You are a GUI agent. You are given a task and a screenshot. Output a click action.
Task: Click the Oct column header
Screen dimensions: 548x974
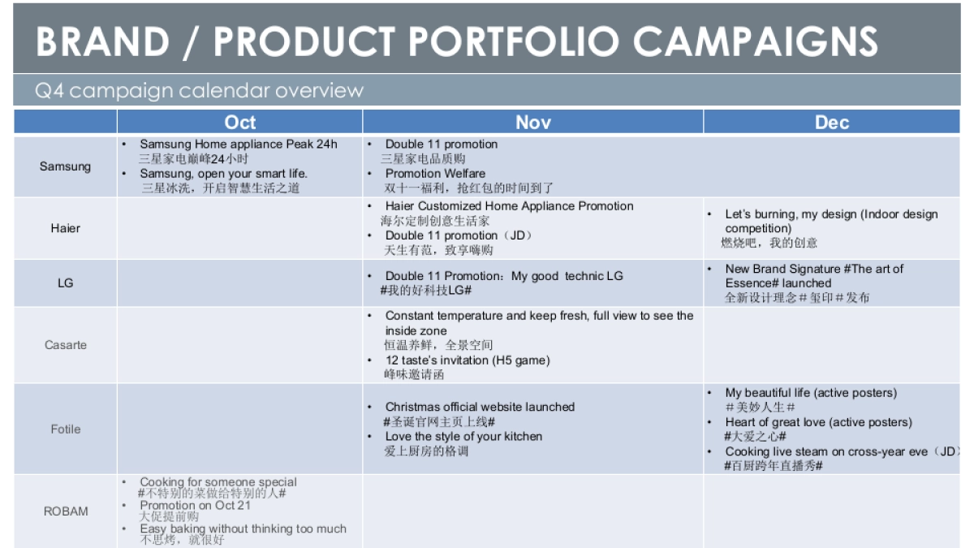click(x=239, y=123)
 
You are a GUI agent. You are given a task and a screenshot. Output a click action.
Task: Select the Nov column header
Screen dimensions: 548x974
click(x=532, y=123)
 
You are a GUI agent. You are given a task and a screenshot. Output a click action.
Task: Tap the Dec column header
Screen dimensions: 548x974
click(x=831, y=123)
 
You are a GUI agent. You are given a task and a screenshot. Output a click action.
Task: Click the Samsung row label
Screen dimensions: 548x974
click(x=65, y=166)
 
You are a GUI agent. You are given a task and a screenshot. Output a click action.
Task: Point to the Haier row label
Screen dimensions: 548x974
click(x=65, y=228)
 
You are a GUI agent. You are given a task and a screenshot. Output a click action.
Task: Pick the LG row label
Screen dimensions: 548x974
click(x=65, y=283)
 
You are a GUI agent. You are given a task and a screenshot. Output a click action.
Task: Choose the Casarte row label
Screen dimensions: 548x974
click(x=65, y=345)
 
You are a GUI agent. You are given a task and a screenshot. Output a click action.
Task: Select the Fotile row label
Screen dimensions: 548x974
click(x=65, y=429)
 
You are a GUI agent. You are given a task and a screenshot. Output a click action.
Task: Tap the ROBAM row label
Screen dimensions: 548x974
click(x=65, y=511)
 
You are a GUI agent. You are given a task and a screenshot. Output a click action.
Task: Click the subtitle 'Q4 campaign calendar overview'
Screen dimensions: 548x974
click(x=199, y=90)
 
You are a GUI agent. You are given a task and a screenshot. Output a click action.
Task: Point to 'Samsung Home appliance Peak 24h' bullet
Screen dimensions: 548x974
click(x=238, y=145)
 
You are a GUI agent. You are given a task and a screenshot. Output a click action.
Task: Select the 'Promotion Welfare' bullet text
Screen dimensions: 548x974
click(x=435, y=174)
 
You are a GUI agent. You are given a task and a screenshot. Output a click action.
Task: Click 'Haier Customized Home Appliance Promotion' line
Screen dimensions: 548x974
click(x=509, y=206)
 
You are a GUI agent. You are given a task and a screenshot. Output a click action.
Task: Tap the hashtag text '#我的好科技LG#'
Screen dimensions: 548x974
click(x=426, y=291)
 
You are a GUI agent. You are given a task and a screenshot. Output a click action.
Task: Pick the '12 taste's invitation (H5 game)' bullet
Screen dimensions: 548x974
click(x=467, y=360)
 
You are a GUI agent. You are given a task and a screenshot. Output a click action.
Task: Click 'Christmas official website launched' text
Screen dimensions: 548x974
click(x=480, y=407)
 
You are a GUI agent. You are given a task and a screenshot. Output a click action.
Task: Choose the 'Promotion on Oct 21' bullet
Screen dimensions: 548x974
click(x=195, y=505)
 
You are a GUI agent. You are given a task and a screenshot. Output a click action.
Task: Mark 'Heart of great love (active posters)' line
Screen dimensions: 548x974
click(x=818, y=422)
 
